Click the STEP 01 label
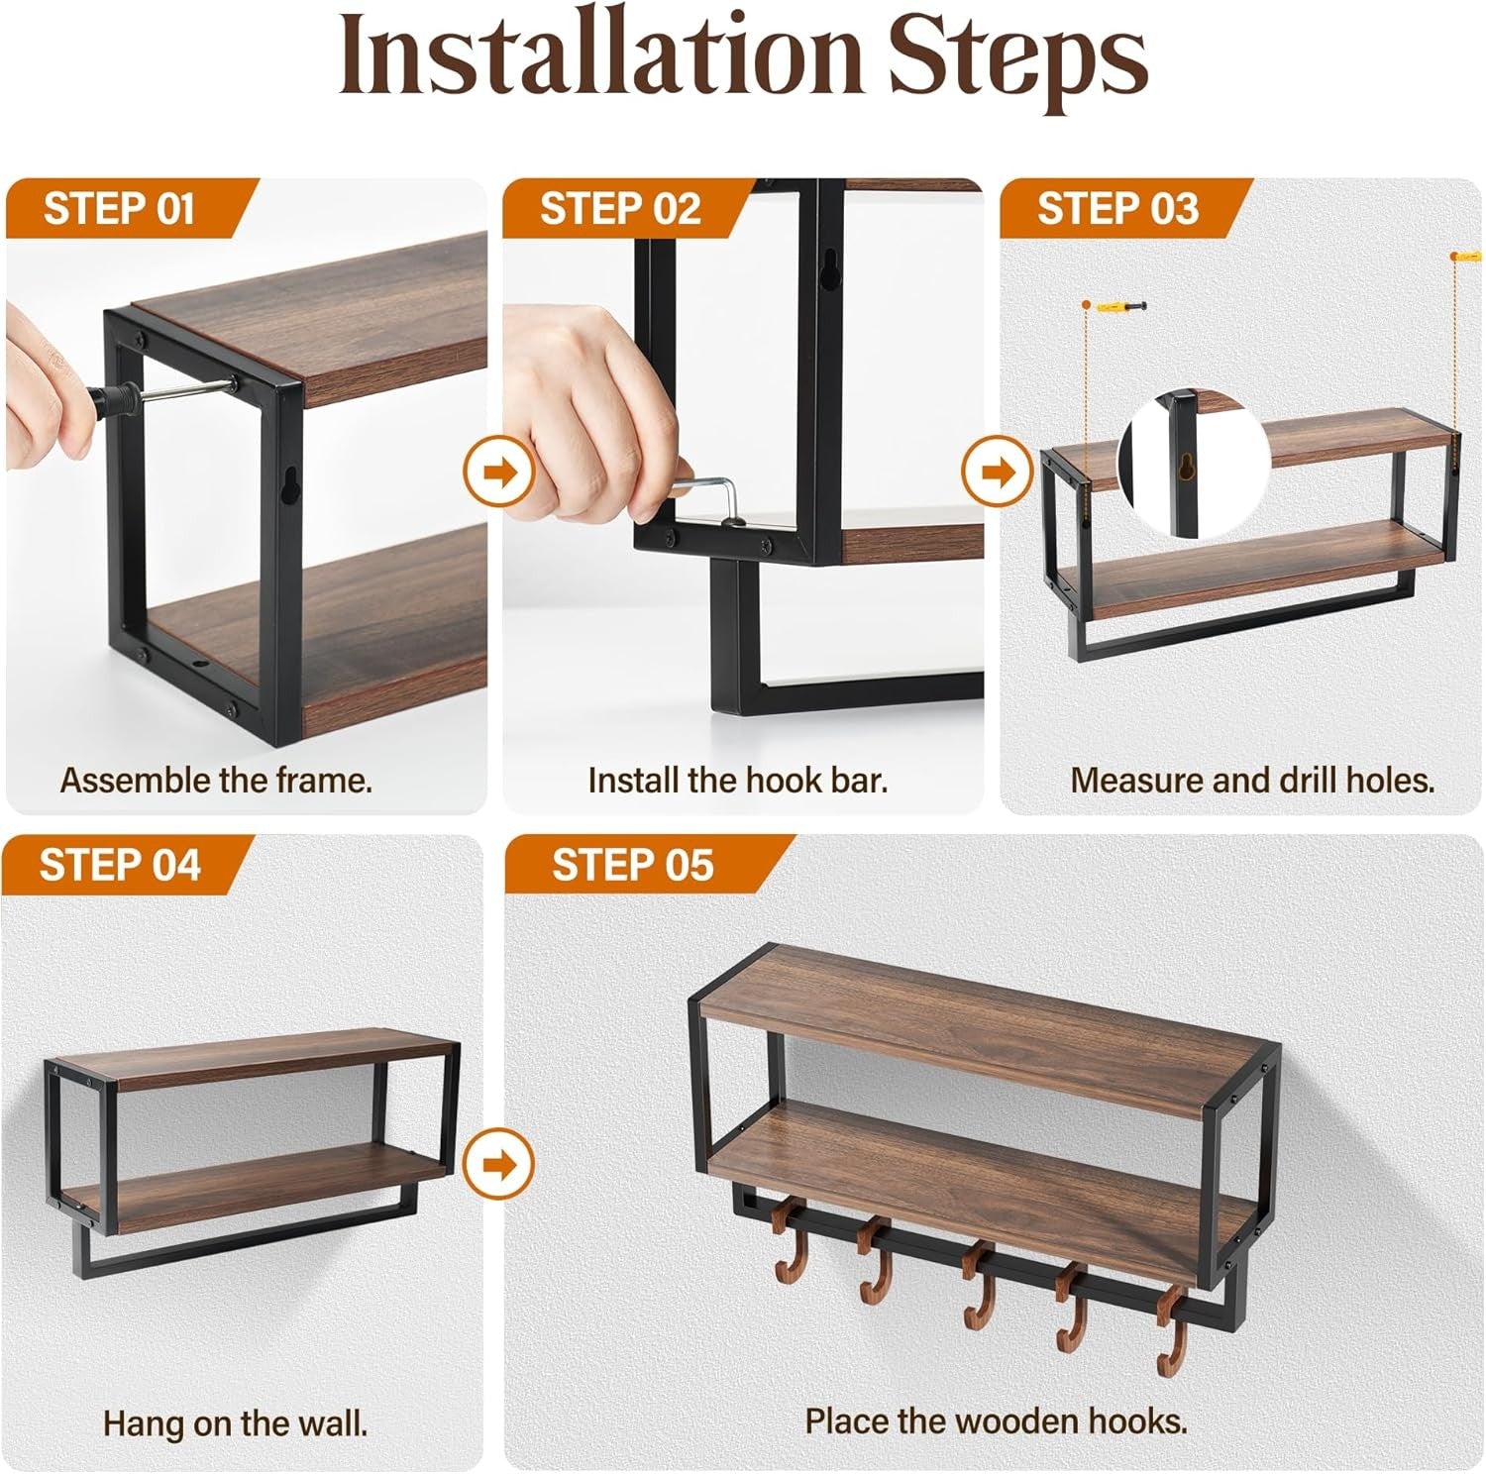pyautogui.click(x=119, y=209)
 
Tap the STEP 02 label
pyautogui.click(x=620, y=209)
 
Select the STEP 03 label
pyautogui.click(x=1117, y=209)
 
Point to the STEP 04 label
pyautogui.click(x=120, y=865)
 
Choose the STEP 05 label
pyautogui.click(x=633, y=865)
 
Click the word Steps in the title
pyautogui.click(x=1017, y=57)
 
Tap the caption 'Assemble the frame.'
pyautogui.click(x=216, y=780)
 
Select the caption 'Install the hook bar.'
pyautogui.click(x=738, y=780)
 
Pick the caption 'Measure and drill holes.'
pyautogui.click(x=1252, y=780)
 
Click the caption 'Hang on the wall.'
pyautogui.click(x=236, y=1423)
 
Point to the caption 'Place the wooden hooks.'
pyautogui.click(x=996, y=1421)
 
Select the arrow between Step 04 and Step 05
pyautogui.click(x=499, y=1163)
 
